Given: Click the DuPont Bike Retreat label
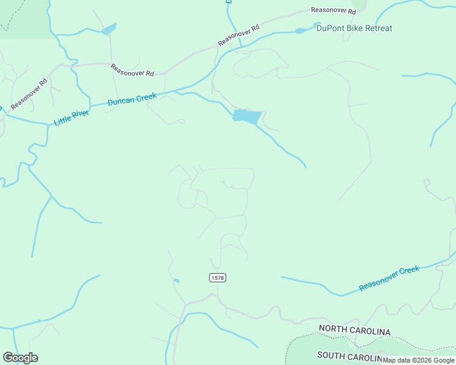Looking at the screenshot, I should pyautogui.click(x=354, y=29).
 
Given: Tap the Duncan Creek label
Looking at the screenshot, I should pyautogui.click(x=132, y=99).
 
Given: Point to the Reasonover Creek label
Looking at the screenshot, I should pyautogui.click(x=389, y=278).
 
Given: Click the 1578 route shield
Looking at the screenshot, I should pyautogui.click(x=217, y=277).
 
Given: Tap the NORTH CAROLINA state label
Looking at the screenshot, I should pyautogui.click(x=354, y=331).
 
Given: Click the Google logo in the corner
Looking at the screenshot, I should pyautogui.click(x=20, y=358).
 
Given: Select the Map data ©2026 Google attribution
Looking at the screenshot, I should pyautogui.click(x=419, y=360).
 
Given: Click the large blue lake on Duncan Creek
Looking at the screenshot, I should pyautogui.click(x=247, y=116).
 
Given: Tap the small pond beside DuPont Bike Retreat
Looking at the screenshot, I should pyautogui.click(x=302, y=30).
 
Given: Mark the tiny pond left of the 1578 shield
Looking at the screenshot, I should pyautogui.click(x=177, y=280).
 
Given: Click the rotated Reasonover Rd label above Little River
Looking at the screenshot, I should pyautogui.click(x=29, y=94).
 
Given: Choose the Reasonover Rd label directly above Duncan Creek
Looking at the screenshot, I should pyautogui.click(x=132, y=69).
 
